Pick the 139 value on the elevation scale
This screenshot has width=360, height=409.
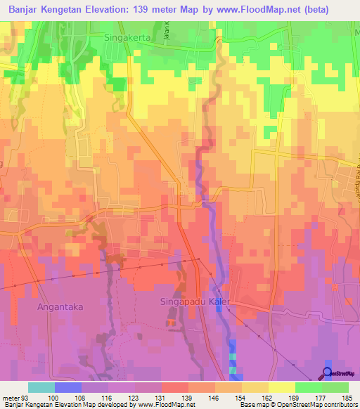pyautogui.click(x=188, y=396)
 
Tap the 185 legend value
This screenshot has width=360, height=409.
pyautogui.click(x=348, y=396)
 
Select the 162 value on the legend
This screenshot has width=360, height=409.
pyautogui.click(x=268, y=396)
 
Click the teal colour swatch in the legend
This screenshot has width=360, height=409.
pyautogui.click(x=41, y=387)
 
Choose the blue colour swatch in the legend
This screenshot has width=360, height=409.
pyautogui.click(x=68, y=387)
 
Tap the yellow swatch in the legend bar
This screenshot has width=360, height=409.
pyautogui.click(x=281, y=387)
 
